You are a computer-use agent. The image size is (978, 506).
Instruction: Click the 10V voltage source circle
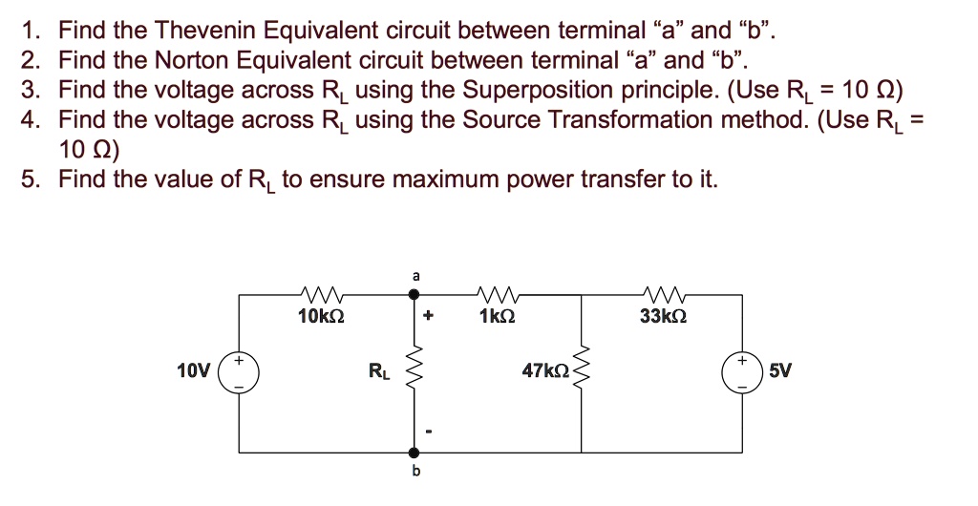(239, 372)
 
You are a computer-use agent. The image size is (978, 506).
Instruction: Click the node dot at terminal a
(415, 296)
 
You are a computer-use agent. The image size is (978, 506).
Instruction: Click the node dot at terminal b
(415, 451)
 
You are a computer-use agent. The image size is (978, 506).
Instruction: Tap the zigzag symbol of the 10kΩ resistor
(315, 293)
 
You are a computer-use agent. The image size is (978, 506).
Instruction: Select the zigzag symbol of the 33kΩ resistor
(661, 293)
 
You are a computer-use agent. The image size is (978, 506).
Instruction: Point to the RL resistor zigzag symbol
(415, 372)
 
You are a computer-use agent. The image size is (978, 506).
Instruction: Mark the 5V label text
(780, 372)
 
